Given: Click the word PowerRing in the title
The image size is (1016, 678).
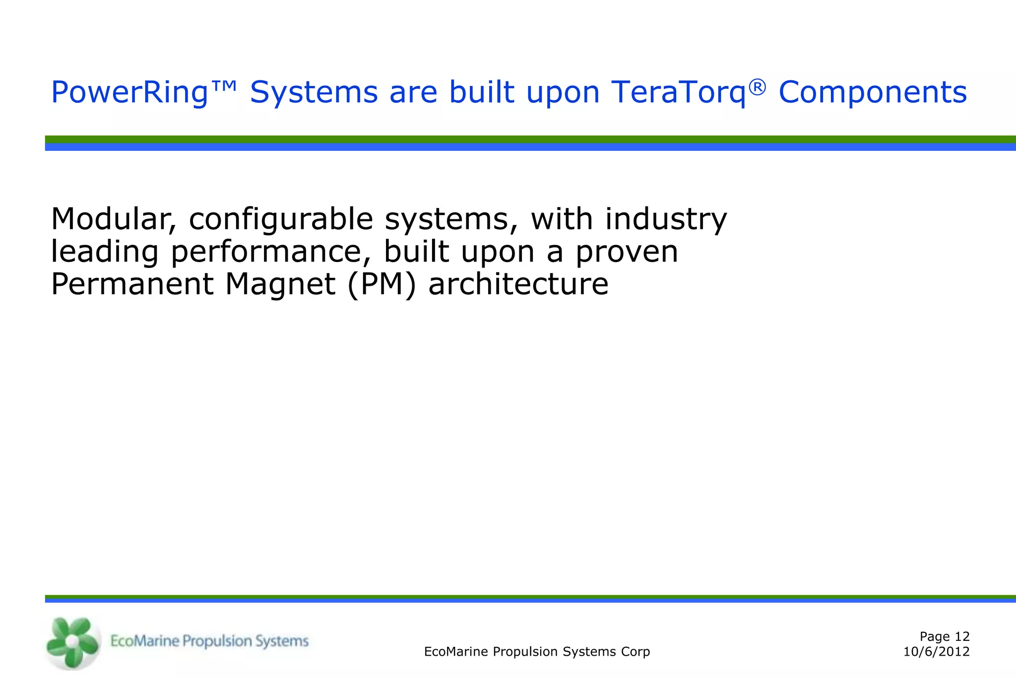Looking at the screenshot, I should (129, 93).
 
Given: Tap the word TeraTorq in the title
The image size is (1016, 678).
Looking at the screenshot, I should (679, 93).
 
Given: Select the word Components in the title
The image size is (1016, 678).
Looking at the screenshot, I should (873, 93).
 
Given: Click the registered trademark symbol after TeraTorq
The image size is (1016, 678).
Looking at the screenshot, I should (757, 87).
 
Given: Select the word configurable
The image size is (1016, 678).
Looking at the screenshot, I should (281, 220).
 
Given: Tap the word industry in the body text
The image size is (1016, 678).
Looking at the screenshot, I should (665, 220).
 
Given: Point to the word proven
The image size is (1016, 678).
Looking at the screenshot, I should (626, 252).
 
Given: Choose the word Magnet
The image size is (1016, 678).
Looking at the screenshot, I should (280, 284).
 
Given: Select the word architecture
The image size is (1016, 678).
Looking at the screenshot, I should (518, 284).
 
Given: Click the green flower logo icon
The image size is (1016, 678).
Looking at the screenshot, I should (72, 642).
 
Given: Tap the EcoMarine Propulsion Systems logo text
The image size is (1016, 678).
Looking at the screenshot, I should (209, 641).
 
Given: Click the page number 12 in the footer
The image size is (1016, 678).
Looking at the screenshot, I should (962, 636).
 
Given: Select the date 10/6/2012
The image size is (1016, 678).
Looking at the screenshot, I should (936, 652).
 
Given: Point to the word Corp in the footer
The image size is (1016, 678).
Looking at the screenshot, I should (637, 652).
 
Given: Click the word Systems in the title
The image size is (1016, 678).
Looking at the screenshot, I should (314, 93).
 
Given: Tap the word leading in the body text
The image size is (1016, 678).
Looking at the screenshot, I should (105, 252).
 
